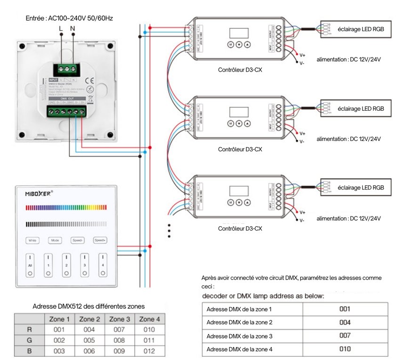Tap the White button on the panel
coord(32,240)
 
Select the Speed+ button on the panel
coord(100,240)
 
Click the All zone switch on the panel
coord(30,262)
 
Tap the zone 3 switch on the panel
coord(84,262)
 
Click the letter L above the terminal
coord(61,29)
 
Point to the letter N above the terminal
coord(73,29)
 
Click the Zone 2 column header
coord(89,319)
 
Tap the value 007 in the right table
coord(345,336)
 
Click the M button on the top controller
coord(231,45)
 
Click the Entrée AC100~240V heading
coord(69,18)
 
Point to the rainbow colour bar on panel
coord(66,207)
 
